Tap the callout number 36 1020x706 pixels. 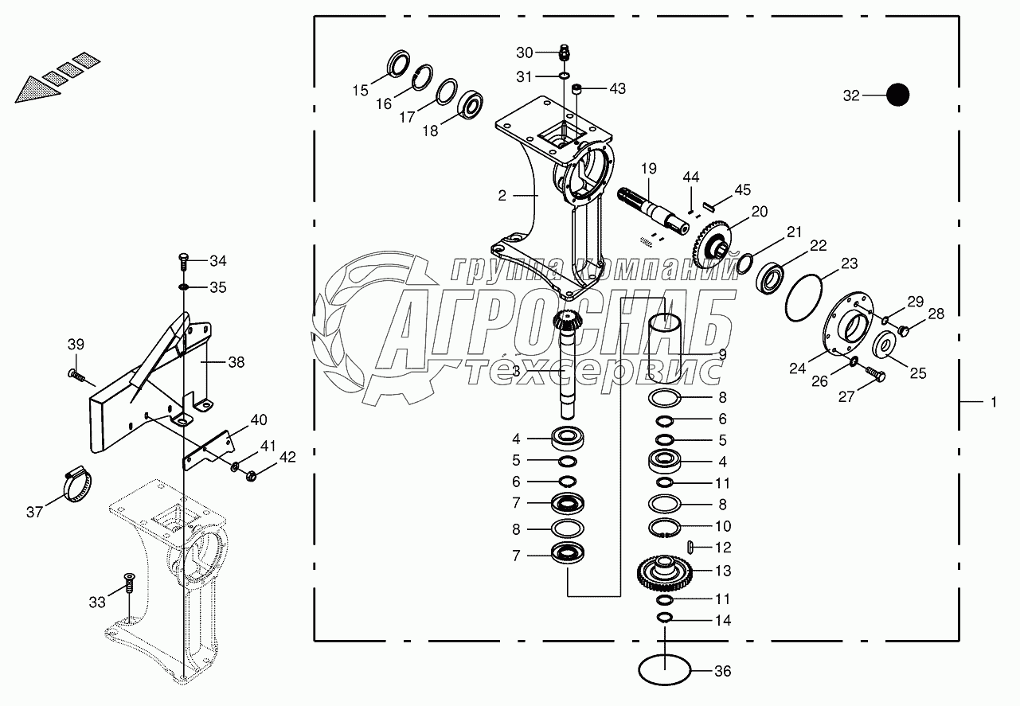pos(722,672)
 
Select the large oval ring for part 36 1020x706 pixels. pos(665,669)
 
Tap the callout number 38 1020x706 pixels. pos(236,361)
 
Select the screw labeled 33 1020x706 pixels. pos(127,586)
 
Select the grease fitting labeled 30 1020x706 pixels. pos(563,53)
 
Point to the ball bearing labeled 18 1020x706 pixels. pos(472,105)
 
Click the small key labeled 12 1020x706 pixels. pos(690,548)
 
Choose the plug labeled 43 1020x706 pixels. pos(579,88)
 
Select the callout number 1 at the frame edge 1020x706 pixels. pos(993,403)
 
